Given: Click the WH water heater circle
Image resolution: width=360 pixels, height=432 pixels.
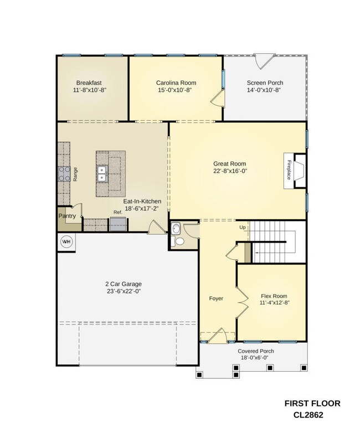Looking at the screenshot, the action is coord(66,242).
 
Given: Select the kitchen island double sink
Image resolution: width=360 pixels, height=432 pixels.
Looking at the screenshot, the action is coord(102,173).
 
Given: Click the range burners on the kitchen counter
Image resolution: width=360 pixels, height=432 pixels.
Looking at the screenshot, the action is coord(64,174).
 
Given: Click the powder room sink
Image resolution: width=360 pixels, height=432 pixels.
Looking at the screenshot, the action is coord(175,228).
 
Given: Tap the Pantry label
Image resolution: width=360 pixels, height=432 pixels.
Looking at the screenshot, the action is coord(67,216).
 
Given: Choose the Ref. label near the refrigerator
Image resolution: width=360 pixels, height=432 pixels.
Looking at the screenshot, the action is coord(118,213).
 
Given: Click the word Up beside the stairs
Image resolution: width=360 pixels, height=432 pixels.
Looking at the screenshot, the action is coord(243,227).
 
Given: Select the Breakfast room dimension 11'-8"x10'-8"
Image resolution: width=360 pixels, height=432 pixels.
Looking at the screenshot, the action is coord(90,90).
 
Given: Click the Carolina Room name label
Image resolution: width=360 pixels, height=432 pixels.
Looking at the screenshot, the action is coord(176,83).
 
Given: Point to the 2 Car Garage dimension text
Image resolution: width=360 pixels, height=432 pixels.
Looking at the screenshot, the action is coord(124,291).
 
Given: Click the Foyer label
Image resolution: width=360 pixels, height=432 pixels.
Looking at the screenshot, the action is coord(216,299).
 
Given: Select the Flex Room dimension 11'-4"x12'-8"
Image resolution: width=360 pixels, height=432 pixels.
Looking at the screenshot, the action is coord(274,302).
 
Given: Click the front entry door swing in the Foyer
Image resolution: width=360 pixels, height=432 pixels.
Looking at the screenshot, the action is coord(218,336).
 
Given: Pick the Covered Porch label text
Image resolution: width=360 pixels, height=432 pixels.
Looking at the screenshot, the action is coord(256,351).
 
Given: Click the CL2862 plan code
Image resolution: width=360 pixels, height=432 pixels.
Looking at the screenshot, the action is coord(308,415).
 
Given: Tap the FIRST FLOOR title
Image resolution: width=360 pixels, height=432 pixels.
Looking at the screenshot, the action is coord(312,404).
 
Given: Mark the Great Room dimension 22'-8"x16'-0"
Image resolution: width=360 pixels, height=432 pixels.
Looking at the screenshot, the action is coord(230,171).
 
